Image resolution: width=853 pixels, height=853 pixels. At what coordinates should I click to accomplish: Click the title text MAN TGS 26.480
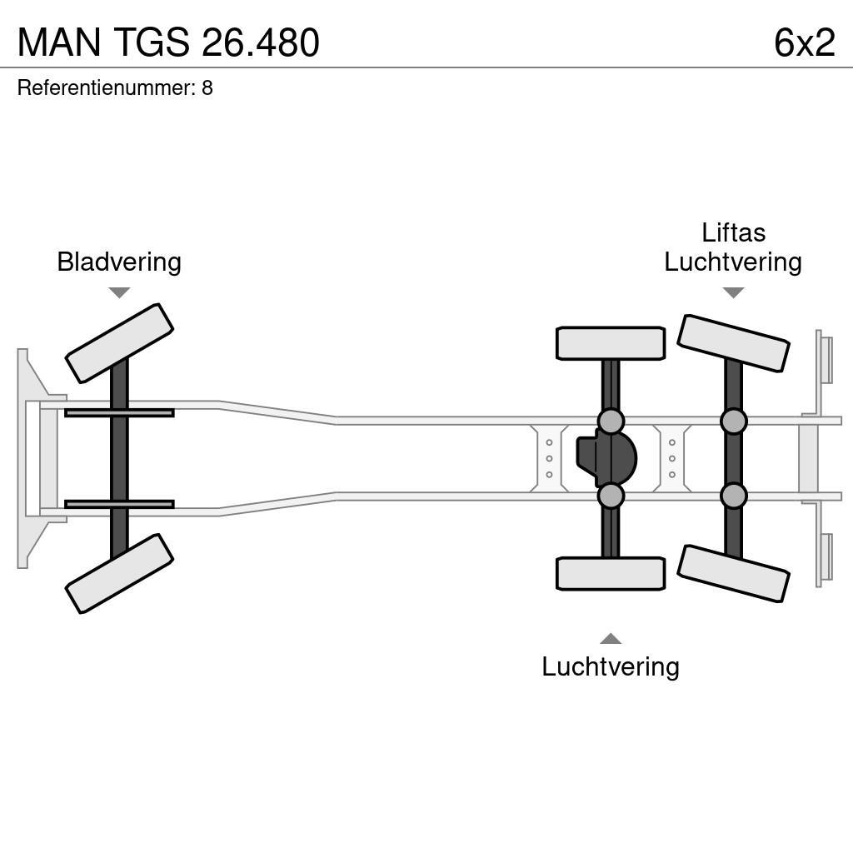(x=168, y=42)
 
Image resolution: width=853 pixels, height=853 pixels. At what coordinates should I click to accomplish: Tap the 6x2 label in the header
(x=803, y=42)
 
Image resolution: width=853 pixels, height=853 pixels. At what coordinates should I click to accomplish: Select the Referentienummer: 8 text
(x=115, y=87)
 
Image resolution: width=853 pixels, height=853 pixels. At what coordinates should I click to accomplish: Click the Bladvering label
(x=119, y=262)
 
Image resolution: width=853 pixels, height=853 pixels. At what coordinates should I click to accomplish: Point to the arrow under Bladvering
(x=119, y=292)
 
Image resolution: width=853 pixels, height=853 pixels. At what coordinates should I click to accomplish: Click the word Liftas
(x=733, y=232)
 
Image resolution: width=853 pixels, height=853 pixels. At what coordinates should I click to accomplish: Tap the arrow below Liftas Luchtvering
(x=733, y=292)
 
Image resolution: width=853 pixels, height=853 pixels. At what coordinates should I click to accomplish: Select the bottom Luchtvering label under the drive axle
(x=611, y=666)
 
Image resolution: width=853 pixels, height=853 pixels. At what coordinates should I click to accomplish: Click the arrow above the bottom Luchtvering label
(x=611, y=639)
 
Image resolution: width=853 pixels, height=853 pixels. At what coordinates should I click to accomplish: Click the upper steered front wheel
(x=119, y=343)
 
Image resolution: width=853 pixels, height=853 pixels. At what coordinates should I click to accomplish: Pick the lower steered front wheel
(x=119, y=573)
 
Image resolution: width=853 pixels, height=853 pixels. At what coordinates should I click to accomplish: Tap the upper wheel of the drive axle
(x=611, y=343)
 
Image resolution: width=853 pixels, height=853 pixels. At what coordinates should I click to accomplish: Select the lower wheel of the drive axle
(x=611, y=573)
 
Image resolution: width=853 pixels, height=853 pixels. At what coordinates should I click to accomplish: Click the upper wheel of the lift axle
(x=733, y=343)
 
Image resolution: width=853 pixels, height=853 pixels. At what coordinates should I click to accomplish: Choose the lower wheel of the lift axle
(x=733, y=573)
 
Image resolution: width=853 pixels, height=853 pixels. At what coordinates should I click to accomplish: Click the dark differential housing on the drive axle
(x=606, y=458)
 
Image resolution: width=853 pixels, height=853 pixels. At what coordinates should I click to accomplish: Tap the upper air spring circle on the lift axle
(x=733, y=422)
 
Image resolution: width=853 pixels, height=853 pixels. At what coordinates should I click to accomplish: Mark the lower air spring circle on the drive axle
(x=611, y=496)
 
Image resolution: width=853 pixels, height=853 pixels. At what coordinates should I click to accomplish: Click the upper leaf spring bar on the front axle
(x=119, y=413)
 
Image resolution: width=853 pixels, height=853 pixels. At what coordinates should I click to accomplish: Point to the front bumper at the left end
(x=32, y=458)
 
